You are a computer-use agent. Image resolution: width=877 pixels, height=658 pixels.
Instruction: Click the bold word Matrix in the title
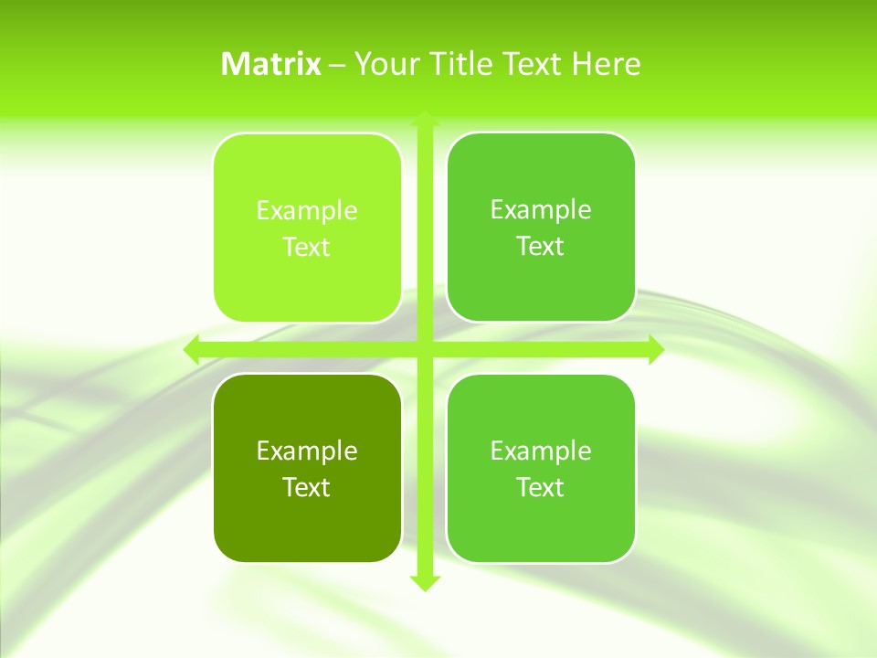pos(271,64)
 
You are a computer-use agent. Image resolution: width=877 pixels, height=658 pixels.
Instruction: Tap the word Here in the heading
pos(607,64)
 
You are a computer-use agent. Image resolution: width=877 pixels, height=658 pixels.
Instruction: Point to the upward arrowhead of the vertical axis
pos(424,118)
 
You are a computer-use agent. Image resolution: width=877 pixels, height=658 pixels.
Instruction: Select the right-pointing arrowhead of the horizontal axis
pos(655,349)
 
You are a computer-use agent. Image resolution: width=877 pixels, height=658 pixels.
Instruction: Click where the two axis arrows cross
pos(424,349)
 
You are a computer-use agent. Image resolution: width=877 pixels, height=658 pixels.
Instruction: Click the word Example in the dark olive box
pos(307,451)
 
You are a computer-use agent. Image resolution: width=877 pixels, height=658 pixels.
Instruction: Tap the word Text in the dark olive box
pos(307,487)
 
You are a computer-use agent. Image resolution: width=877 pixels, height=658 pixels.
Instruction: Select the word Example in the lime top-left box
pos(307,210)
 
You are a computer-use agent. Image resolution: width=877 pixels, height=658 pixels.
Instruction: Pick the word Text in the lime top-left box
pos(307,247)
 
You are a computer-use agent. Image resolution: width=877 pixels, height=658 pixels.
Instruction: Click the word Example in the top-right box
pos(541,209)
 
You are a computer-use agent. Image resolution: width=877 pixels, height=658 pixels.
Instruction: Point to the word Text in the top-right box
pos(541,246)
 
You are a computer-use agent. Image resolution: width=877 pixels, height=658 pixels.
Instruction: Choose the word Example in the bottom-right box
pos(541,451)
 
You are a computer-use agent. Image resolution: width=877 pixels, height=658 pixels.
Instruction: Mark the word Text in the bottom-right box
pos(541,487)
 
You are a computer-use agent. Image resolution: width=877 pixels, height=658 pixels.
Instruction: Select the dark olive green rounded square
pos(307,530)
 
